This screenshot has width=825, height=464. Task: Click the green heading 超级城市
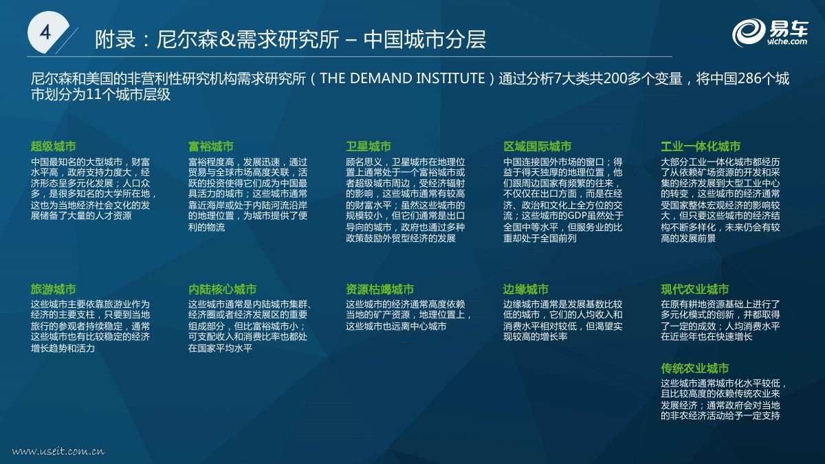click(54, 146)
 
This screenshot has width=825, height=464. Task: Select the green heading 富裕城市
click(210, 146)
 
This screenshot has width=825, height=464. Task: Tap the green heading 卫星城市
click(368, 146)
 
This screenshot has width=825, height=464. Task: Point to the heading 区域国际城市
click(538, 146)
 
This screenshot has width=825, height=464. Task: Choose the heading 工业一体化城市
click(701, 146)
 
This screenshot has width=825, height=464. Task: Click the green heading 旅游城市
click(54, 289)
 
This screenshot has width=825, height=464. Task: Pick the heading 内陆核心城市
click(222, 289)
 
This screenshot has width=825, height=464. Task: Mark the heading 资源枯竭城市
click(379, 289)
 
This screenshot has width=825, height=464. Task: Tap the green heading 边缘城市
click(526, 289)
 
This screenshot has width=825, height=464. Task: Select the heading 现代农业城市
click(695, 289)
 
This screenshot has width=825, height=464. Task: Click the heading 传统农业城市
click(695, 368)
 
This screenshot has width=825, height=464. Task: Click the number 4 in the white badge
click(45, 32)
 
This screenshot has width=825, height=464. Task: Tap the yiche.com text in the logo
click(787, 42)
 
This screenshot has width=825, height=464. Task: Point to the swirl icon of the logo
click(749, 33)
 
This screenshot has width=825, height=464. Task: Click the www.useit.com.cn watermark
click(58, 451)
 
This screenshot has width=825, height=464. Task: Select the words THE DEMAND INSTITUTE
click(402, 78)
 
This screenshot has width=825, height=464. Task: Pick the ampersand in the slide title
click(228, 39)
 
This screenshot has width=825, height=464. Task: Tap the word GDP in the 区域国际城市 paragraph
click(577, 215)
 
